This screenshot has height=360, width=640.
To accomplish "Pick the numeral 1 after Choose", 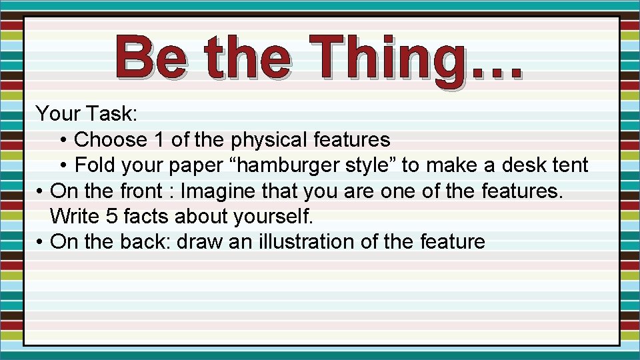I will point(159,140).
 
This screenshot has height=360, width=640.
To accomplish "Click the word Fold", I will point(96,165).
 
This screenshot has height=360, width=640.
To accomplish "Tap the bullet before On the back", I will point(41,242).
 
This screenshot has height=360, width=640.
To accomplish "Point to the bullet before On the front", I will point(41,191).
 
